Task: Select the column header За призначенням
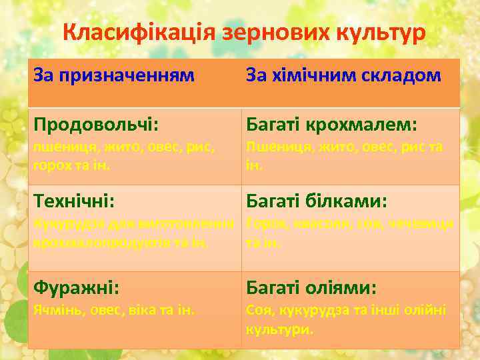(114, 75)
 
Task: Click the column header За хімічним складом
(343, 75)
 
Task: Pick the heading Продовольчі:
(96, 125)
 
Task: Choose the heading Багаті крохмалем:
(331, 125)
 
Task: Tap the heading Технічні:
(74, 201)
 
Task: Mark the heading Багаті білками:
(317, 201)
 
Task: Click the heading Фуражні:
(77, 288)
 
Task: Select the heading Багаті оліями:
(311, 288)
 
